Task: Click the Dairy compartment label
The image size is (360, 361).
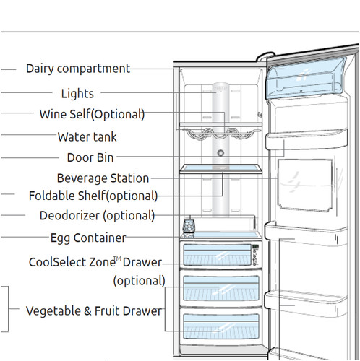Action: [x=78, y=69]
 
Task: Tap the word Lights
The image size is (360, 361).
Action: [x=77, y=93]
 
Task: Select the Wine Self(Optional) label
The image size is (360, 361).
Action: [x=92, y=114]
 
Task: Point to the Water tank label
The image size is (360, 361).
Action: [x=87, y=137]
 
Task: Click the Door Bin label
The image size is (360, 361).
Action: [x=90, y=157]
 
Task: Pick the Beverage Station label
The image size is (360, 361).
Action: [x=103, y=178]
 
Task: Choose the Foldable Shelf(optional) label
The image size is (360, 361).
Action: [x=93, y=196]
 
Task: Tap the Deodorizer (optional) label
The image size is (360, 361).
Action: [x=97, y=216]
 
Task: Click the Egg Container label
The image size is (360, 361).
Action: [x=88, y=238]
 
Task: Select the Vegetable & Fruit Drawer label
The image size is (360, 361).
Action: [x=94, y=310]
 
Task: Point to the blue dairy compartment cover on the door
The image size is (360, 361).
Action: [x=306, y=77]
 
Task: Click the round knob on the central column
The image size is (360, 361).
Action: [x=220, y=153]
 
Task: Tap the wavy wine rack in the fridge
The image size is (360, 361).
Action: [x=220, y=134]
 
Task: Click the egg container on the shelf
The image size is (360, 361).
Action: [x=189, y=228]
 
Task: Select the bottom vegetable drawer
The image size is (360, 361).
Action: [x=220, y=326]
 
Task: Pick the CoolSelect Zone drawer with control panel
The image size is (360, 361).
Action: [x=220, y=254]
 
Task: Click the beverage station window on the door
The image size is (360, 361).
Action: [x=305, y=186]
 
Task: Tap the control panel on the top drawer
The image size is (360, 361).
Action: [x=255, y=255]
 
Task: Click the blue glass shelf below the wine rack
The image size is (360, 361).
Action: [x=220, y=169]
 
